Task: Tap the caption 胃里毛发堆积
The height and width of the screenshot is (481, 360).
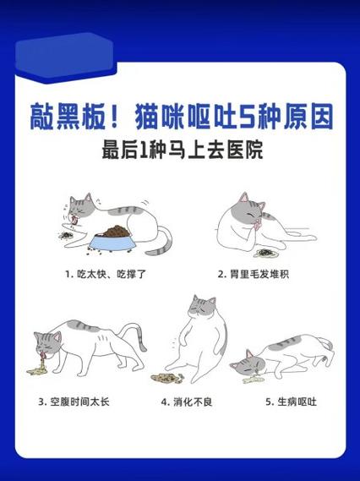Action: pos(254,274)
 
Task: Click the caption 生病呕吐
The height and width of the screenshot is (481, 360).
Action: pos(286,401)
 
